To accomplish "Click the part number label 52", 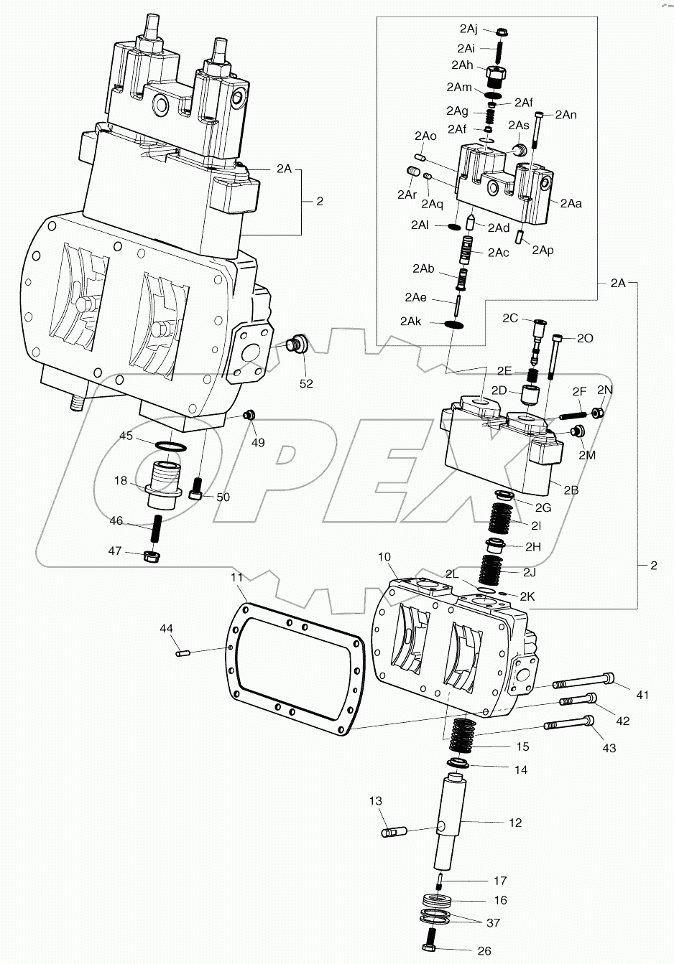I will [306, 383].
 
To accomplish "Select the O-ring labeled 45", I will [171, 448].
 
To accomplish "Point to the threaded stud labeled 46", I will [153, 530].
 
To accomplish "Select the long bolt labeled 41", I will [582, 679].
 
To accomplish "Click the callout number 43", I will [609, 748].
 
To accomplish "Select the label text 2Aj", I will [468, 29].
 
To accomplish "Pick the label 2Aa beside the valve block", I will [571, 203].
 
